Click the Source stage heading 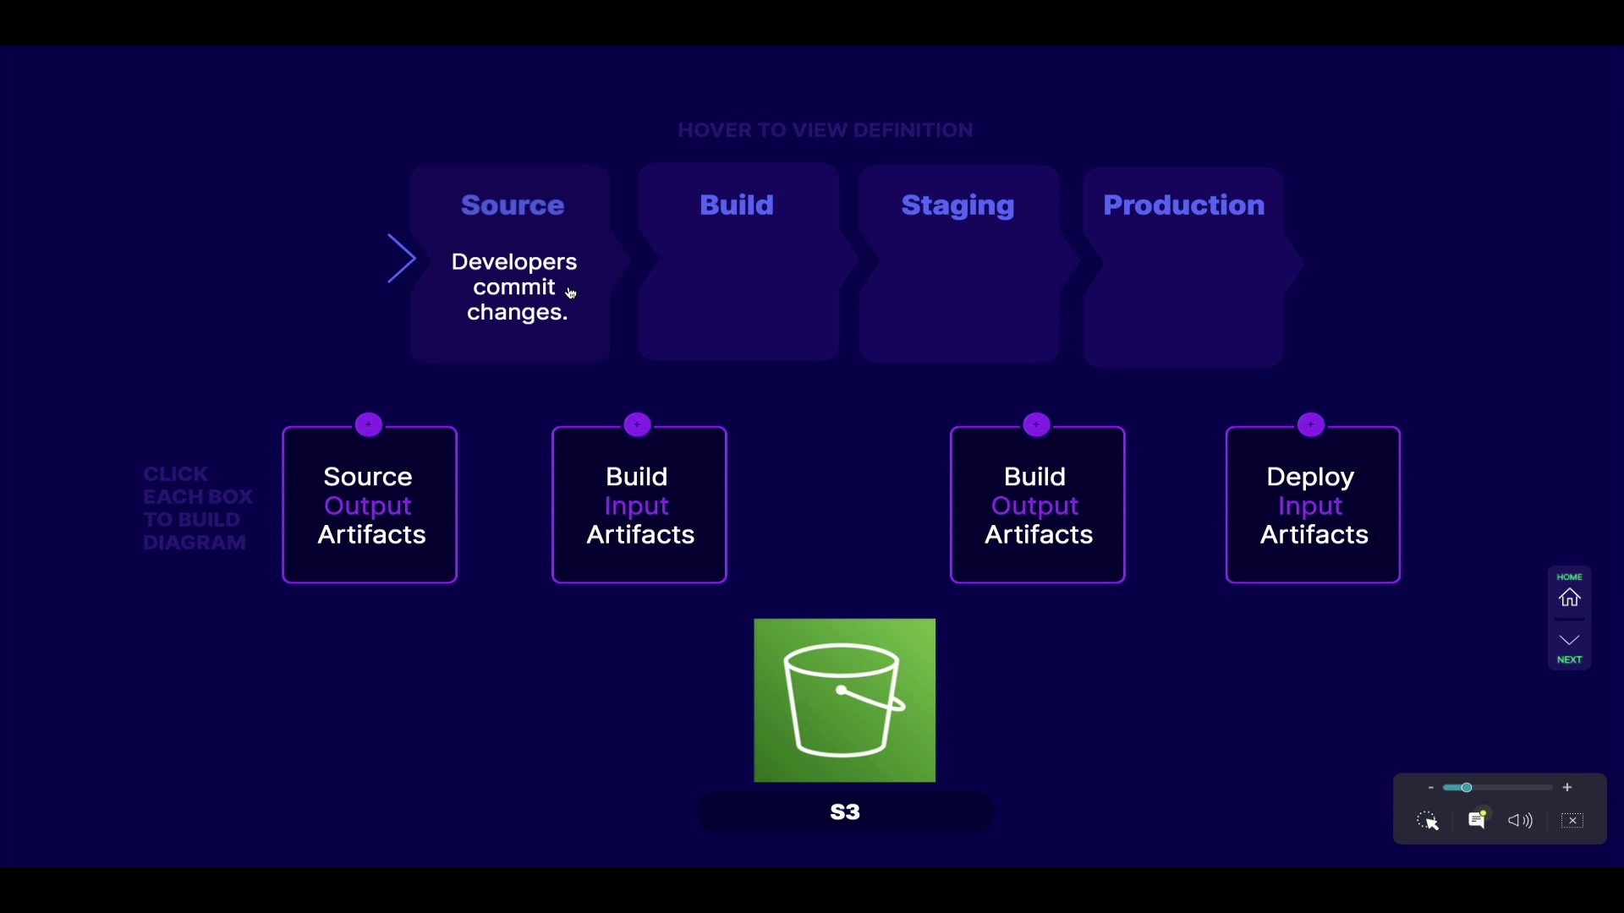513,205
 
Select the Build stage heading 737,205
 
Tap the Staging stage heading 957,205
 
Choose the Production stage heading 1184,205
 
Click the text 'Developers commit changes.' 514,287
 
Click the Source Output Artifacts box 370,505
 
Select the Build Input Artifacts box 639,505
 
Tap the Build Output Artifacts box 1038,505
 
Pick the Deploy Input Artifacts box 1313,505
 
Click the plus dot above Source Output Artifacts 369,424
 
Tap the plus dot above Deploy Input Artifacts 1311,424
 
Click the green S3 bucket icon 845,701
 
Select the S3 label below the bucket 845,812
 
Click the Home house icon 1570,598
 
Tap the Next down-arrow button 1570,640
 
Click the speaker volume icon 1520,820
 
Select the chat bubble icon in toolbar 1478,819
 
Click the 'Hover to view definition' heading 826,130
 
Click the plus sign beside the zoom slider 1567,787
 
